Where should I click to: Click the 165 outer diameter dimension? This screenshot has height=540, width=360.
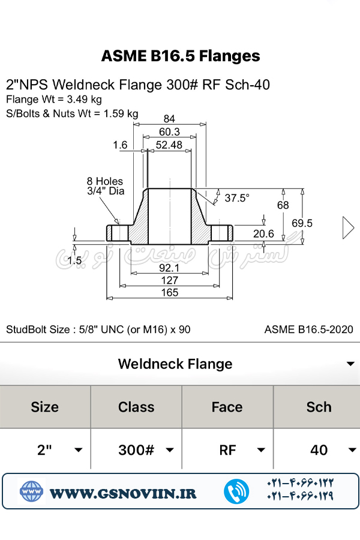point(170,293)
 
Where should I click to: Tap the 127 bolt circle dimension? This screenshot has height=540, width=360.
point(169,280)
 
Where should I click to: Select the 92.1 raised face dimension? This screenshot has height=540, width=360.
point(169,268)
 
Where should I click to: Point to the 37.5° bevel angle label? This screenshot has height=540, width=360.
point(236,198)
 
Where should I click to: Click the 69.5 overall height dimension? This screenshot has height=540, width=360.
point(302,223)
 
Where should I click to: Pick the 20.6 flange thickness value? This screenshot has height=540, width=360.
point(263,234)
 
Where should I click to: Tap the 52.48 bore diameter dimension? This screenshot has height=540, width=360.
point(169,145)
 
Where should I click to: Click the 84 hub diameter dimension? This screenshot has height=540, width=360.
point(169,119)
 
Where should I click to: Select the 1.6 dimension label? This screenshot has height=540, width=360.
point(120,145)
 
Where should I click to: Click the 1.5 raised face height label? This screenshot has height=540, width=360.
point(74,261)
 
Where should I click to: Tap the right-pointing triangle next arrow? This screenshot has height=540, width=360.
point(348,227)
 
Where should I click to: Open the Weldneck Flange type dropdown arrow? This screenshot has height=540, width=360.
point(350,364)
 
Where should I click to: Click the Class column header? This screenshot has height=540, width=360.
point(136,407)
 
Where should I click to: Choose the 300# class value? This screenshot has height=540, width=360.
point(136,450)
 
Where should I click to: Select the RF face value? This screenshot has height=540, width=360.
point(227,450)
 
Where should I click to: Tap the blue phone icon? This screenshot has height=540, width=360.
point(236,491)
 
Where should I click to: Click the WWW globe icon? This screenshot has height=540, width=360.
point(31,491)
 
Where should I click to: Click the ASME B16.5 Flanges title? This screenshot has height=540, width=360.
point(181,56)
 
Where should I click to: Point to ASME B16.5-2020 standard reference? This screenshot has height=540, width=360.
point(308,329)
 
